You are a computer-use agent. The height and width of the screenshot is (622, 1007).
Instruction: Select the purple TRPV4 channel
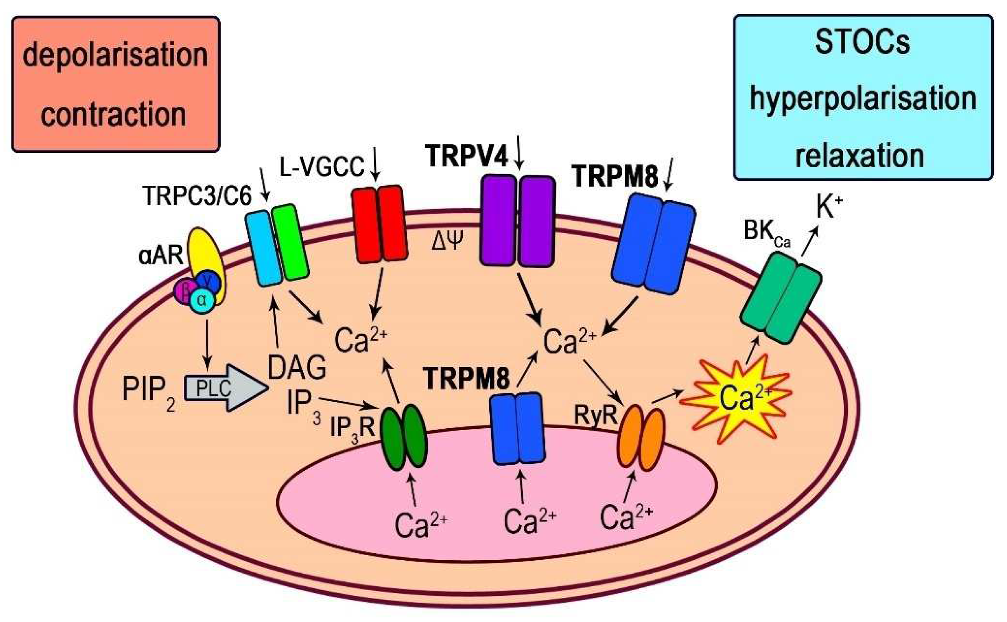517,221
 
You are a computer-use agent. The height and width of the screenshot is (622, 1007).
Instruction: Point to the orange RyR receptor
641,437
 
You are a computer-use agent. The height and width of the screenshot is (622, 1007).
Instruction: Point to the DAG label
297,367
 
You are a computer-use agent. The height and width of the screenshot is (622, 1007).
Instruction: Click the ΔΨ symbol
447,241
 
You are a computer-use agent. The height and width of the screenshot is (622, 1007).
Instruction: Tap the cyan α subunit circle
201,300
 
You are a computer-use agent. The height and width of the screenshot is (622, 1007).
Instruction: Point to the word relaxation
860,156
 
